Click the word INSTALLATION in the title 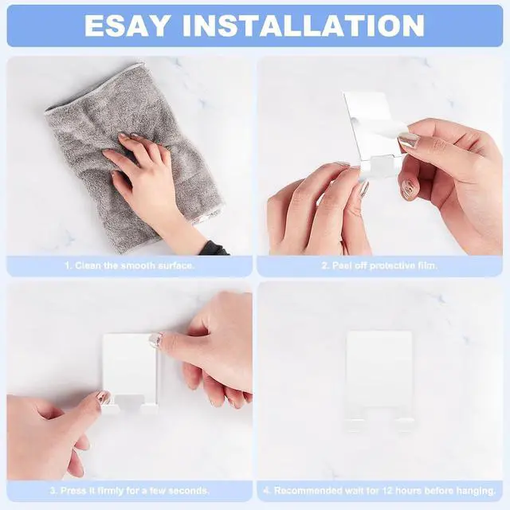tap(304, 25)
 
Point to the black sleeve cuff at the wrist tap(213, 249)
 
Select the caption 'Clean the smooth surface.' tap(135, 265)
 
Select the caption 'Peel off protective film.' tap(384, 265)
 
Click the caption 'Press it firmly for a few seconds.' tap(135, 490)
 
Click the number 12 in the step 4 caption tap(390, 490)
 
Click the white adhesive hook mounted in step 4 tap(379, 381)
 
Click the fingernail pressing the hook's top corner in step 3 tap(155, 339)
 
